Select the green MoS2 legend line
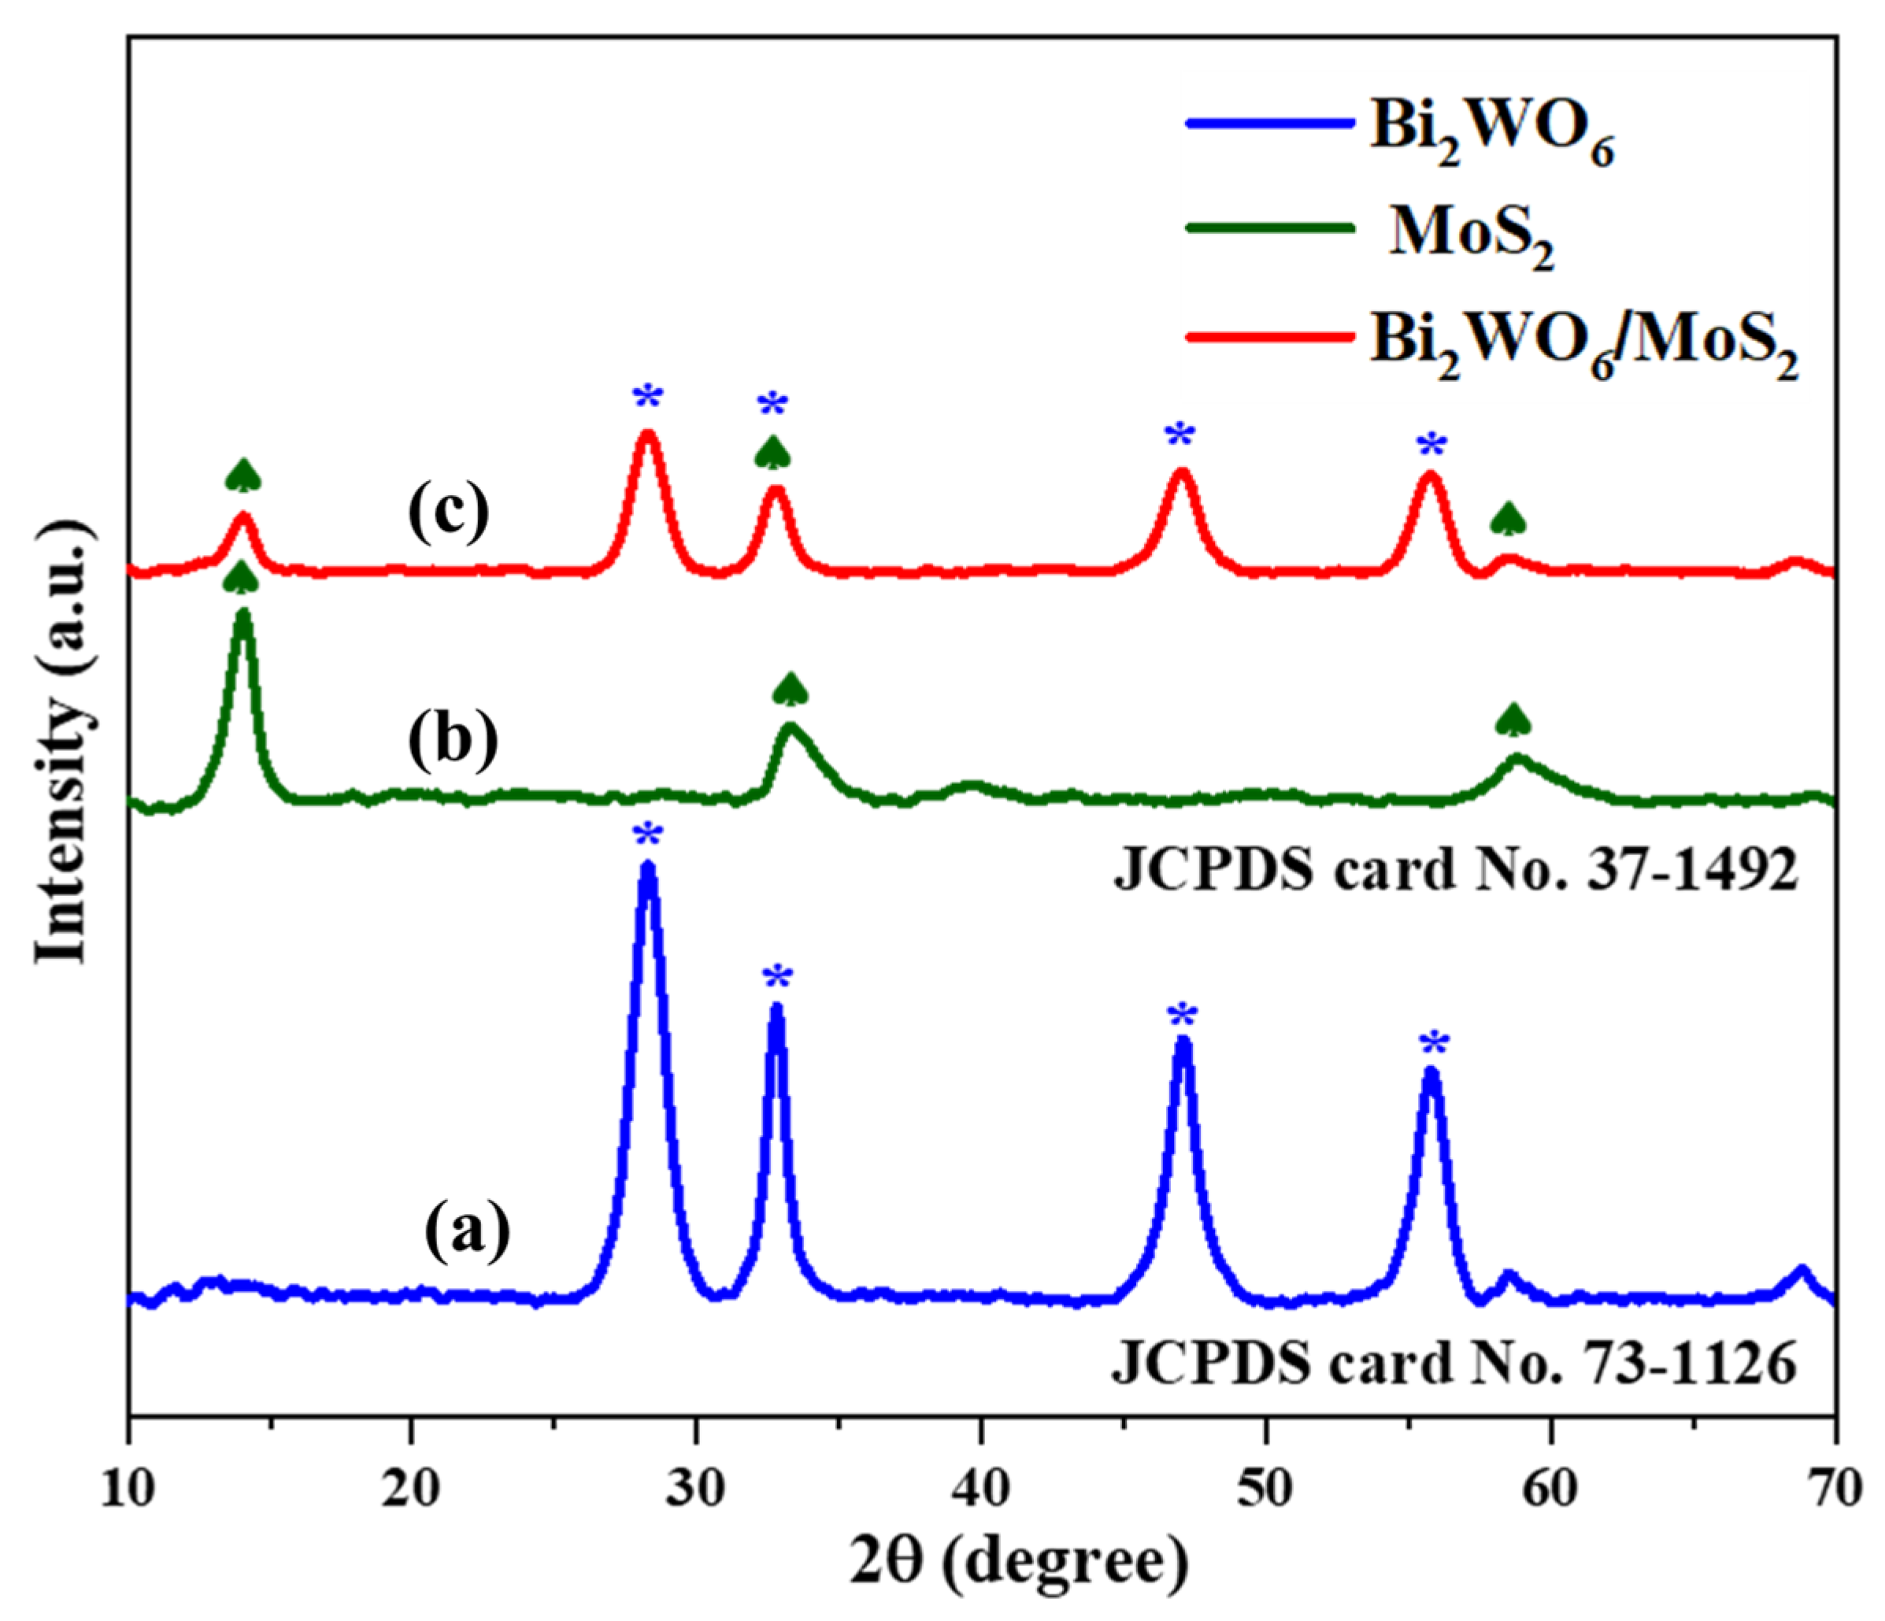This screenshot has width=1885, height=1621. pyautogui.click(x=1270, y=228)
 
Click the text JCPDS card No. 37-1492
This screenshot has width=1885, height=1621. pyautogui.click(x=1456, y=871)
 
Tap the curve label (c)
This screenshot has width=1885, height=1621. pyautogui.click(x=447, y=513)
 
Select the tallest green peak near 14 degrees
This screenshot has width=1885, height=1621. pyautogui.click(x=242, y=616)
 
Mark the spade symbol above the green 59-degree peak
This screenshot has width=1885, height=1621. pyautogui.click(x=1513, y=720)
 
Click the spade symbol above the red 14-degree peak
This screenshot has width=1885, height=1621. pyautogui.click(x=243, y=475)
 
